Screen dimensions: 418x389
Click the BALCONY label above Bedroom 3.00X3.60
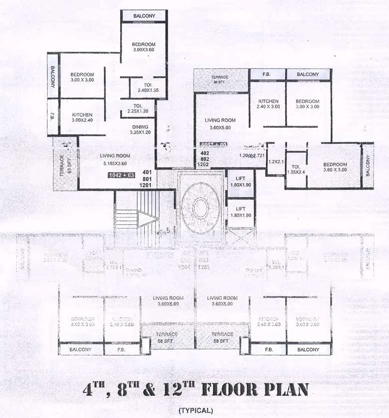(144, 16)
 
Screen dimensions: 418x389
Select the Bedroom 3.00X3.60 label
(144, 47)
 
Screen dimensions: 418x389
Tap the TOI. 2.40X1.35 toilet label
(148, 88)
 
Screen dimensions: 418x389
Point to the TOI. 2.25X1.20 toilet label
(137, 109)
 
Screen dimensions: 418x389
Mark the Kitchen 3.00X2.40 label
(82, 118)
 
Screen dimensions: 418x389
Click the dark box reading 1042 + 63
(122, 175)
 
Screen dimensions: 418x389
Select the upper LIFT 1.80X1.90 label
(240, 181)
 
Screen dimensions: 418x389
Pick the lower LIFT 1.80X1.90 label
(240, 212)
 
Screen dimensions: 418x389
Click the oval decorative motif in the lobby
(200, 208)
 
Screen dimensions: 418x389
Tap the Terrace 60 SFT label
(219, 79)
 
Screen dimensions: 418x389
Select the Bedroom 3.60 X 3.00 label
(335, 167)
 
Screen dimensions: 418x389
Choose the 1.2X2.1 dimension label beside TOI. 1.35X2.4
(275, 162)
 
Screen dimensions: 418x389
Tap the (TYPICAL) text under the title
(195, 411)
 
